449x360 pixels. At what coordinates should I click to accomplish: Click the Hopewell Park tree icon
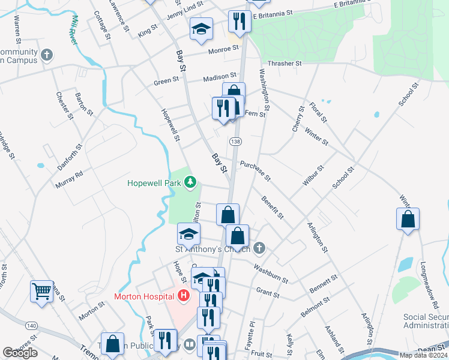190,181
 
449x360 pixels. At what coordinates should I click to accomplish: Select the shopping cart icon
42,292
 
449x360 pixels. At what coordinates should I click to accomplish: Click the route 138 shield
235,141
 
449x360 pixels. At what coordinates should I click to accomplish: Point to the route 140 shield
31,325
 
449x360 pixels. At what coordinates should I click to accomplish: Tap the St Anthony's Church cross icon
259,248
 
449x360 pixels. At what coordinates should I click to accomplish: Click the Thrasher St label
285,63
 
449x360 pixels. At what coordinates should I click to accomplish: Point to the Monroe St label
223,49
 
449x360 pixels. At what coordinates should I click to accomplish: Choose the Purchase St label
256,171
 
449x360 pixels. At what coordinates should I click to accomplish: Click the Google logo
20,353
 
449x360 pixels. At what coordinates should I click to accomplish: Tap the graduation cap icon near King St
201,29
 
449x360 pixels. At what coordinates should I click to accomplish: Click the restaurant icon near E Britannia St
239,22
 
